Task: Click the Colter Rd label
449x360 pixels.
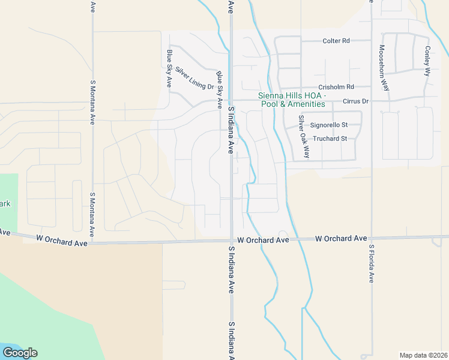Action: click(x=336, y=41)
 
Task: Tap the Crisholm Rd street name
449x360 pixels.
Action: click(x=336, y=86)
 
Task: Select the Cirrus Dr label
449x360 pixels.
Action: click(x=355, y=101)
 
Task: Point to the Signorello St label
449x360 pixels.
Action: click(x=329, y=125)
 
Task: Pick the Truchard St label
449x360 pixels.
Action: click(x=330, y=139)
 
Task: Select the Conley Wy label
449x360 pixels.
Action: click(x=427, y=61)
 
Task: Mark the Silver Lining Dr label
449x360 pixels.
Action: click(x=194, y=79)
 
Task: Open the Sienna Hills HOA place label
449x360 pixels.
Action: click(x=292, y=95)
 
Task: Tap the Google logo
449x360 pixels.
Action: click(x=20, y=353)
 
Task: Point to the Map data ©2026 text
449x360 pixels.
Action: click(x=423, y=355)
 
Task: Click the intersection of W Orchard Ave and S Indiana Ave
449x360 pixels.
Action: click(x=231, y=241)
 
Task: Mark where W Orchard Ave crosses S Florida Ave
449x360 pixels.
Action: click(x=372, y=238)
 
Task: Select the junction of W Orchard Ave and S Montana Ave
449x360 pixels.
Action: click(x=92, y=243)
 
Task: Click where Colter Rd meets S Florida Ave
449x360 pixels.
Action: click(x=372, y=41)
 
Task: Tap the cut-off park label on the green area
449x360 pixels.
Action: click(x=5, y=203)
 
